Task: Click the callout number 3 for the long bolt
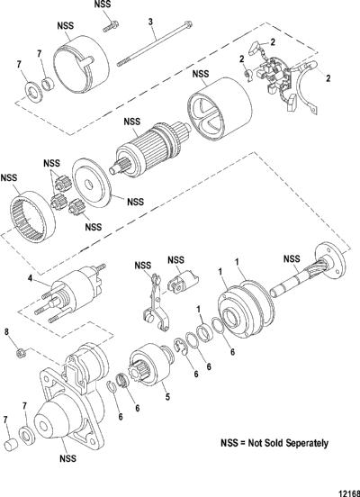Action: click(150, 22)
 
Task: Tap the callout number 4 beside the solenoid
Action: click(30, 278)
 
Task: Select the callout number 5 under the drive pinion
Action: click(167, 396)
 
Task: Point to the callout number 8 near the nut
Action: click(6, 333)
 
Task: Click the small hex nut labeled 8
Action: click(22, 353)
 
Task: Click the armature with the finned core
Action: click(148, 148)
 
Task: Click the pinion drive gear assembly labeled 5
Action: click(151, 365)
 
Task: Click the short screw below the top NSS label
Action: click(111, 26)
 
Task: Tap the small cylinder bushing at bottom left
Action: click(12, 445)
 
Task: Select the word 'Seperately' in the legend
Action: click(307, 444)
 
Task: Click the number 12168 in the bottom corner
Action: click(349, 493)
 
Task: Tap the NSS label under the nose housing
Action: click(67, 458)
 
